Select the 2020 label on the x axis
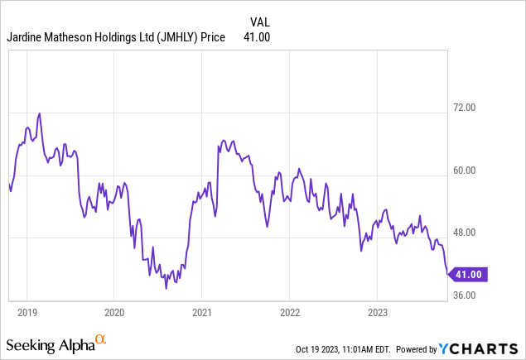114,313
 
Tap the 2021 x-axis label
202,313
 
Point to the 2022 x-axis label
289,313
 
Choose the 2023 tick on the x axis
377,313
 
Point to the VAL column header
259,22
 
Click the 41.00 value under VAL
257,36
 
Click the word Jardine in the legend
26,36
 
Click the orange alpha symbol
101,339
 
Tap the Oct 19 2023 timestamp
345,348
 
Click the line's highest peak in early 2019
39,113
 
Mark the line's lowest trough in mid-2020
166,288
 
